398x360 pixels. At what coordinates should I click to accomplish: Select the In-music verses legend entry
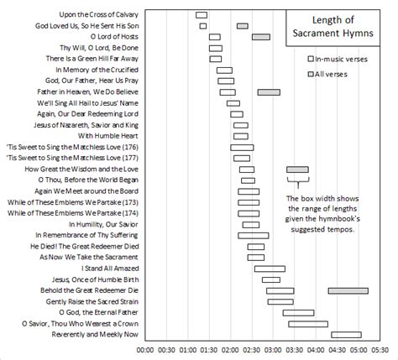339,59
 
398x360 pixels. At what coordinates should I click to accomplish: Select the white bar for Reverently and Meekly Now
346,334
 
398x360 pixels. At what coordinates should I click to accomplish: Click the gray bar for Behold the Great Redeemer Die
348,290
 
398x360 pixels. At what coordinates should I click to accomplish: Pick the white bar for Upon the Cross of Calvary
202,15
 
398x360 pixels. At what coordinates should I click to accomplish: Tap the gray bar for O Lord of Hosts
261,37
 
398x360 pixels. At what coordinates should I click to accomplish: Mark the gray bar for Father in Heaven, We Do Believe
269,92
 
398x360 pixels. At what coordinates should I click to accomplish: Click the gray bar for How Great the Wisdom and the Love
297,170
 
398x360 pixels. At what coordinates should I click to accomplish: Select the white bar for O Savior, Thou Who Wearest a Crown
307,323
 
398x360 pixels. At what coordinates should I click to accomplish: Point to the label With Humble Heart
108,136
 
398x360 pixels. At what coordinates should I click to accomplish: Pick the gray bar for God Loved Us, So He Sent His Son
243,26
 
